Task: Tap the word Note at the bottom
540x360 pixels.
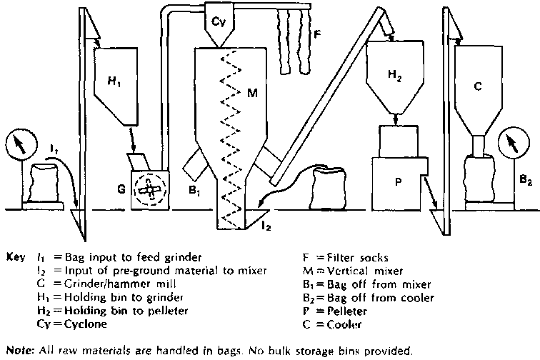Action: click(18, 351)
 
